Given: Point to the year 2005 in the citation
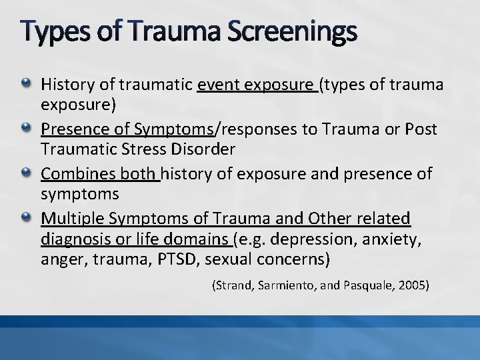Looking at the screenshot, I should click(x=414, y=285).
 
